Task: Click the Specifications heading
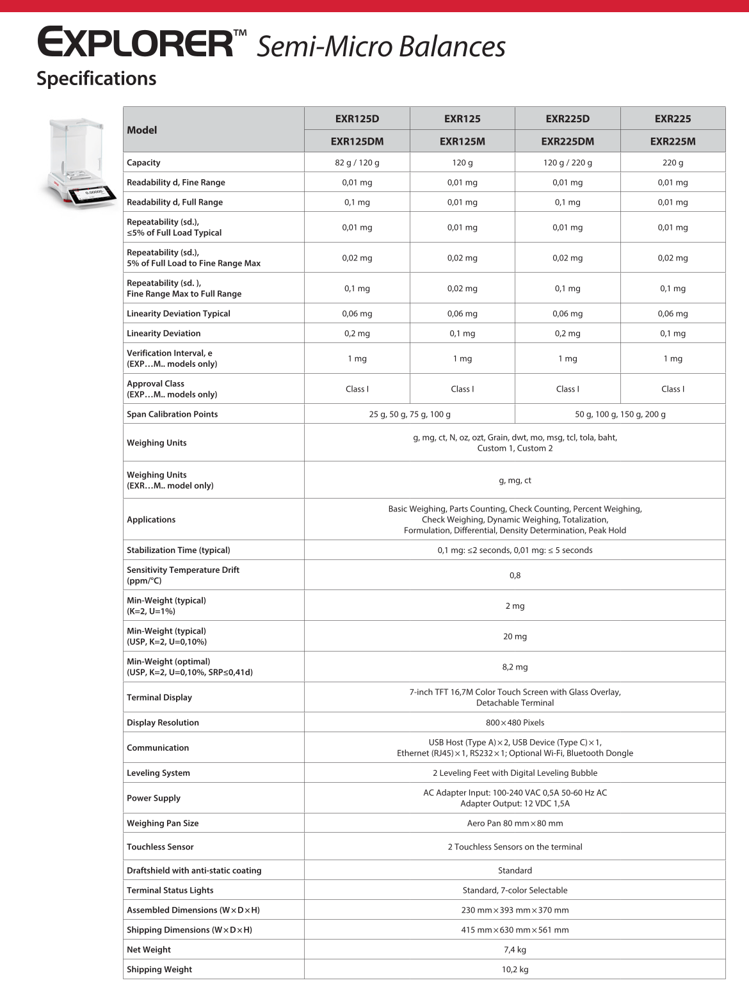(x=97, y=79)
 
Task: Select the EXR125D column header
(x=357, y=118)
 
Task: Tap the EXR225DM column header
(x=567, y=141)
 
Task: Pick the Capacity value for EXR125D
(x=357, y=163)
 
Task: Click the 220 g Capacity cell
(x=673, y=163)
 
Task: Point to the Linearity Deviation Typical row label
(x=179, y=314)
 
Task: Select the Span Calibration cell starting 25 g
(x=410, y=414)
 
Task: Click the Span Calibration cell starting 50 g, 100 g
(x=620, y=414)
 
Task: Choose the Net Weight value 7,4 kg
(x=515, y=950)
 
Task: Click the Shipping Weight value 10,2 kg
(x=515, y=970)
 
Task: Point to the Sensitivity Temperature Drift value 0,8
(x=515, y=575)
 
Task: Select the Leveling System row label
(x=159, y=773)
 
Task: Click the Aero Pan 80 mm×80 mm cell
(x=515, y=824)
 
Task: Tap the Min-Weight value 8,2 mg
(x=515, y=667)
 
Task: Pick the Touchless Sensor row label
(x=160, y=847)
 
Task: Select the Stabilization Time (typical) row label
(x=179, y=550)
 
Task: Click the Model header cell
(x=142, y=130)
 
